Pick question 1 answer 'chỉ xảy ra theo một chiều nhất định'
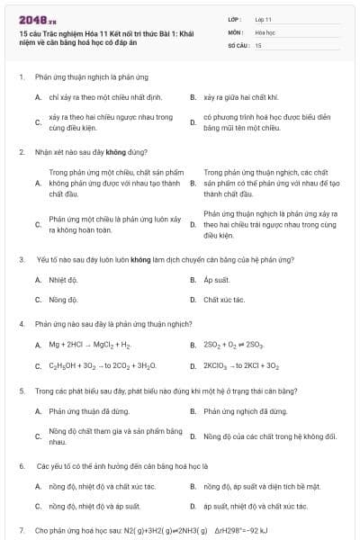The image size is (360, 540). click(x=96, y=95)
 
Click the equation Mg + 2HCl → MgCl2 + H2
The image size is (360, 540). click(x=90, y=345)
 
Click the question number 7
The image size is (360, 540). click(x=21, y=531)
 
